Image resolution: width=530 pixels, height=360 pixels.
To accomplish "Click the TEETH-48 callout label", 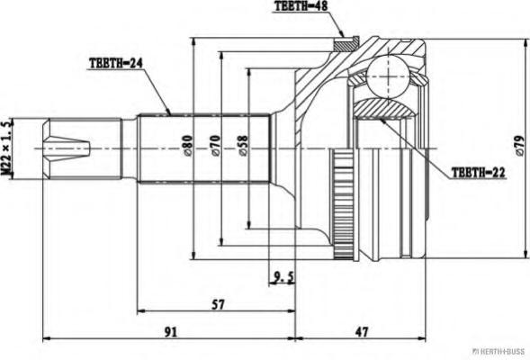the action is [301, 6].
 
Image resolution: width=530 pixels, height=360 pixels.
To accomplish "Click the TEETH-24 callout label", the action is [116, 63].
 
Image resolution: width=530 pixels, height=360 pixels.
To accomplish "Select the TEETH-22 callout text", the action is [479, 173].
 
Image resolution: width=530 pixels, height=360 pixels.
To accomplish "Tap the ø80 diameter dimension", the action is [187, 146].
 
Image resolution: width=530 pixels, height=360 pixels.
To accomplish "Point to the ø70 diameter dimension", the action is [215, 146].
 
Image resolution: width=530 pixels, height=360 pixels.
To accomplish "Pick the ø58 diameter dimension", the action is [243, 146].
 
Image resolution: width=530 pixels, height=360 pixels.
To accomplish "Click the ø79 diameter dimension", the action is [520, 146].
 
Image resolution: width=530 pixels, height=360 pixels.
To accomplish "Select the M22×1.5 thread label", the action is [7, 148].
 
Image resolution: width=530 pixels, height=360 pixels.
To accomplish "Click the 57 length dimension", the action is [218, 304].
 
